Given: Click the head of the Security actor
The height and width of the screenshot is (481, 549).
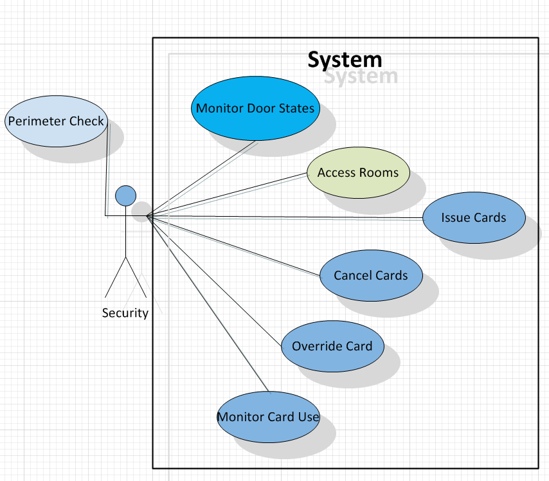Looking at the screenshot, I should [125, 195].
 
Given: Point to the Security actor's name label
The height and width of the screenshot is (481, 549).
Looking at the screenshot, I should [125, 313].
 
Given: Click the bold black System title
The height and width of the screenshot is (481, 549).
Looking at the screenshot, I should [345, 60].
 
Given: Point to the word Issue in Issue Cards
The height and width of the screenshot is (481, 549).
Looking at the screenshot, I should [456, 217].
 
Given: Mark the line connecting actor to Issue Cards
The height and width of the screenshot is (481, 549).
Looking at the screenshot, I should [289, 217].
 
